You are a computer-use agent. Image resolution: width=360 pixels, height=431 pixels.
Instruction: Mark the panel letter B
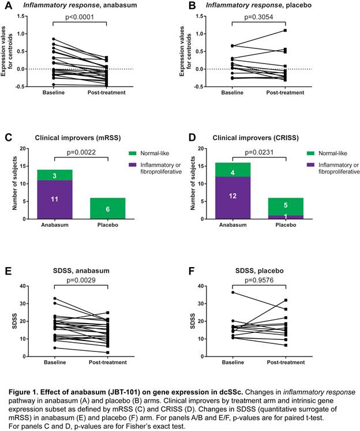[190, 6]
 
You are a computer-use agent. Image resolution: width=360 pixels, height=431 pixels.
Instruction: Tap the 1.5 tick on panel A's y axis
[21, 17]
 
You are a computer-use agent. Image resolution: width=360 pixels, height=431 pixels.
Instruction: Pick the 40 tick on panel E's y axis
[23, 286]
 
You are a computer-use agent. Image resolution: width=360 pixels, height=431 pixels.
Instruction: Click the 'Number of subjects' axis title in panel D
[194, 183]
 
